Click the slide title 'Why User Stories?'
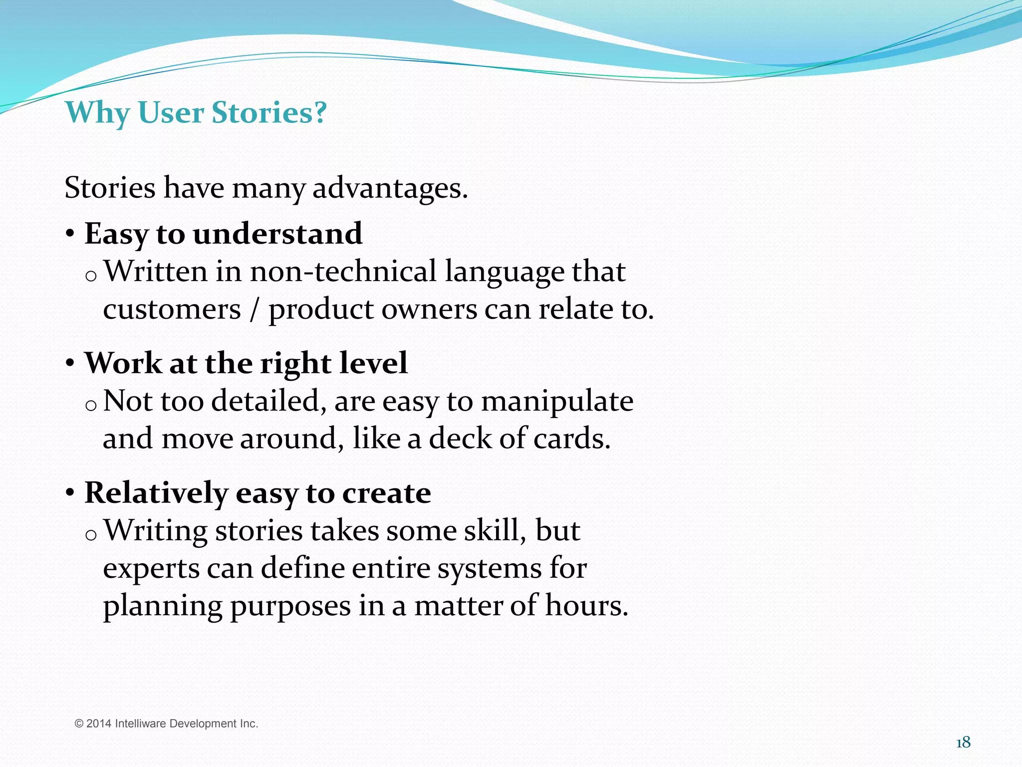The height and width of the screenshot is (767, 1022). pos(196,112)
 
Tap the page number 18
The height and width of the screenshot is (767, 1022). pos(963,743)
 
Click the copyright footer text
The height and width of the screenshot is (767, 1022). pos(166,724)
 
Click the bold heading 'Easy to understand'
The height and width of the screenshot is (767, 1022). pos(223,234)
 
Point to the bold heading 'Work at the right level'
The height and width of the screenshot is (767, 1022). pos(246,363)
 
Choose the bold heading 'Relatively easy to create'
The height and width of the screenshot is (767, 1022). pos(257,493)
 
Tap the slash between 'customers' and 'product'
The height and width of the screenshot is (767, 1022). pos(255,310)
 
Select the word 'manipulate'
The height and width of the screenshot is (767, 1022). pos(557,401)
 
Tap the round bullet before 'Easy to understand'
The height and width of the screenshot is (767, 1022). pos(70,234)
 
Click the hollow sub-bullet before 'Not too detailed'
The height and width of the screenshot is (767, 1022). pos(90,405)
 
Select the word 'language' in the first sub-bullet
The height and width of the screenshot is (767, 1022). pos(504,273)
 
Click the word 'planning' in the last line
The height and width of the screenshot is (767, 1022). pos(162,606)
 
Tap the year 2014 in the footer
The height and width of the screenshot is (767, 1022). pos(99,724)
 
